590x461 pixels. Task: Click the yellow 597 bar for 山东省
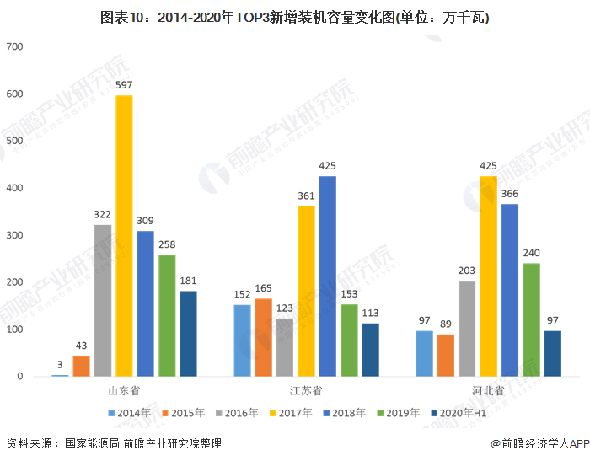[124, 236]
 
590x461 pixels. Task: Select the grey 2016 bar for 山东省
[103, 300]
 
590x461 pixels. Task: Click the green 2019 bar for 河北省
[531, 319]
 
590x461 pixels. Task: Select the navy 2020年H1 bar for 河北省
[552, 353]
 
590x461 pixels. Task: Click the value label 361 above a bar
[306, 197]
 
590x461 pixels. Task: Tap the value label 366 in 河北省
[510, 195]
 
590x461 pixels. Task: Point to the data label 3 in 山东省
[60, 365]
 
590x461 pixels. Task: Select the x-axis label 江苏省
[306, 391]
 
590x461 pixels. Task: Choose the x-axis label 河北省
[489, 391]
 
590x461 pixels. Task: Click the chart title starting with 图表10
[295, 17]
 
